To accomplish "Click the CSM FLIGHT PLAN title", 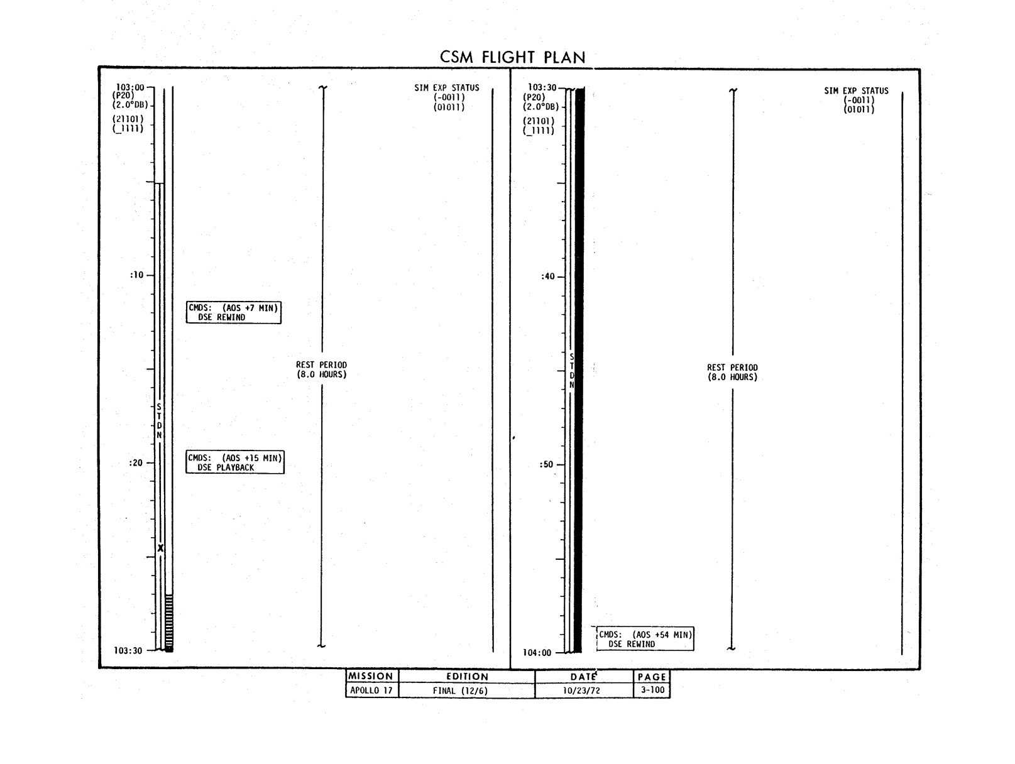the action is point(512,57).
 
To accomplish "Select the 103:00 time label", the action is point(130,87).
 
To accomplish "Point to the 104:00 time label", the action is point(537,653).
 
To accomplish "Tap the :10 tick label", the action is point(137,275).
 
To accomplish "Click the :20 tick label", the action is point(136,462).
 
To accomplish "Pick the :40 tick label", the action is point(547,276).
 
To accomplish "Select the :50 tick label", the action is point(546,464).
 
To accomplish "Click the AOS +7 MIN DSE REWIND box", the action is point(234,312).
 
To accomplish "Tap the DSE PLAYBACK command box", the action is point(235,462).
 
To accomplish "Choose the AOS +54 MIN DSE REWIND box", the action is point(645,639).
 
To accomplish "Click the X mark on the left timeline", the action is point(160,548).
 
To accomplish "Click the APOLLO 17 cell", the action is point(371,690).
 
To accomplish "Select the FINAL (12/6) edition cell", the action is point(460,690).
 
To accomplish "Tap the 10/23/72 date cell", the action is point(581,690).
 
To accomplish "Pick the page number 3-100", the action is point(652,690).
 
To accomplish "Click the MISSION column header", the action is point(370,676).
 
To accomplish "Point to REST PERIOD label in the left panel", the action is point(321,370).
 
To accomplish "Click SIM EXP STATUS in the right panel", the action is point(857,90).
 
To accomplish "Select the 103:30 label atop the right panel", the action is point(542,87).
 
